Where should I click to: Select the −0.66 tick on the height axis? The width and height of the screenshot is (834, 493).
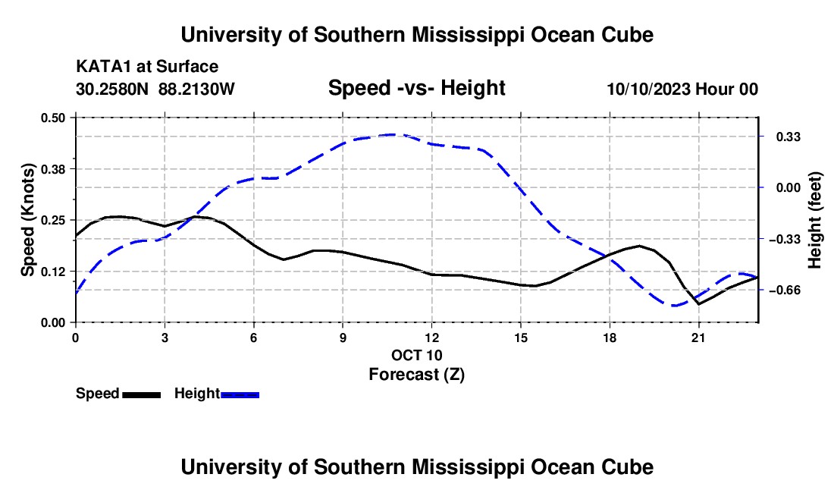tap(785, 290)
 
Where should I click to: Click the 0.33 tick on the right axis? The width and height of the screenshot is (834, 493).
tap(789, 137)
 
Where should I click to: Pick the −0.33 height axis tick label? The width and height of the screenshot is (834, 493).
tap(785, 240)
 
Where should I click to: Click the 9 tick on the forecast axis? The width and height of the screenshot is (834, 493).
tap(343, 338)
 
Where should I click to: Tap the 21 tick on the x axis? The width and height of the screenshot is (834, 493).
tap(698, 338)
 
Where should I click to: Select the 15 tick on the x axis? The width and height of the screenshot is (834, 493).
tap(521, 338)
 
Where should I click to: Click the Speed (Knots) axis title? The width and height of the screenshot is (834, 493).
tap(27, 220)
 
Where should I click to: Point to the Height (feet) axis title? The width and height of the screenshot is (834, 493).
tap(814, 220)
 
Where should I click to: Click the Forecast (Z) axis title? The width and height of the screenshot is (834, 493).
tap(416, 375)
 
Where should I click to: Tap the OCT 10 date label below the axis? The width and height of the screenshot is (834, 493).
tap(416, 355)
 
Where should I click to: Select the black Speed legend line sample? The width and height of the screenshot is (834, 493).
tap(142, 395)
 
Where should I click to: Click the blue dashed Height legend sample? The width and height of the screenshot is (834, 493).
tap(240, 395)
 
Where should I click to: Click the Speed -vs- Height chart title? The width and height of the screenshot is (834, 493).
tap(416, 88)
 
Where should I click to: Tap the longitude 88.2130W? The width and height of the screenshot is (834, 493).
tap(196, 89)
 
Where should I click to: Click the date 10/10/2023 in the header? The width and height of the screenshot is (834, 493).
tap(649, 89)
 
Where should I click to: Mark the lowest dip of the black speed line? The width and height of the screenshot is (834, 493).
tap(698, 304)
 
